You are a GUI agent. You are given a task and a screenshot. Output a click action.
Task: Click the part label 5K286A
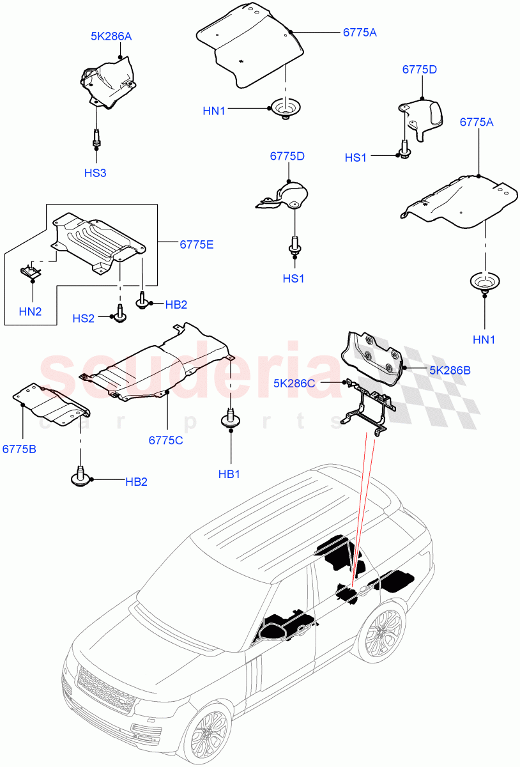coord(111,37)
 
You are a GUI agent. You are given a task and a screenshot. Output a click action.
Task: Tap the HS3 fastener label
coord(95,173)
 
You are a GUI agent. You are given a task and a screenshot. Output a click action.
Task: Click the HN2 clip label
coord(30,311)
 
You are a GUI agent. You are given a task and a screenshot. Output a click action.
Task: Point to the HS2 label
coord(83,318)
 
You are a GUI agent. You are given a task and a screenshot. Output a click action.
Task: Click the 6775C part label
coord(166,440)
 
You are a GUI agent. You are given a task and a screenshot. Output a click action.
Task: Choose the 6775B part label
coord(19,449)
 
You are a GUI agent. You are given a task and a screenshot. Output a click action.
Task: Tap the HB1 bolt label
coord(229,474)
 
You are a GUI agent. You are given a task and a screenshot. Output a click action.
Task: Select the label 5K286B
coord(449,369)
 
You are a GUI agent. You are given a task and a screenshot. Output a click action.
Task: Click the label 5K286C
coord(294,383)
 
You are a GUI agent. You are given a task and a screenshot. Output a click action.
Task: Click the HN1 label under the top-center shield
coord(214,111)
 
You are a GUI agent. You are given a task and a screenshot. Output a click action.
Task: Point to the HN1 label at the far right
coord(484,340)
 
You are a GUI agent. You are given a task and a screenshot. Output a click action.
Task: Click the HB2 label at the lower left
coord(135,481)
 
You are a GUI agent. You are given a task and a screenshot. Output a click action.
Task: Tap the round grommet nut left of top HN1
coord(285,107)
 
